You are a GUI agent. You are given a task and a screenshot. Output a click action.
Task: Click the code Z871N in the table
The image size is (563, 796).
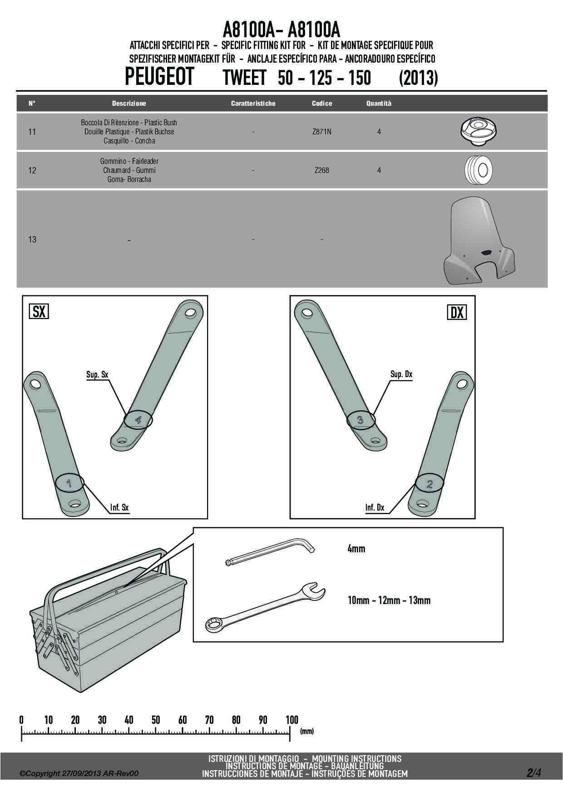321,132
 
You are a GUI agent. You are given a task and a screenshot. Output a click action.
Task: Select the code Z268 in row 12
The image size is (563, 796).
321,170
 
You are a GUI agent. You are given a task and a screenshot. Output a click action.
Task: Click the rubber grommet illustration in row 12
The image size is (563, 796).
479,170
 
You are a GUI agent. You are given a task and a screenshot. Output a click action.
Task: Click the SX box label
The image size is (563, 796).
39,312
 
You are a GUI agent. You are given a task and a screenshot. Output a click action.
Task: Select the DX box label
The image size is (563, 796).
457,312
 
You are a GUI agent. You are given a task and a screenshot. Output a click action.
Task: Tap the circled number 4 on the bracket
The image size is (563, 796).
138,420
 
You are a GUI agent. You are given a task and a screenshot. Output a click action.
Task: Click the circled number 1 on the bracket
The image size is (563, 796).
69,483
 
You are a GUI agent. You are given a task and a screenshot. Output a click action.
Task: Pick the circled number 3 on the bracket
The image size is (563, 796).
361,420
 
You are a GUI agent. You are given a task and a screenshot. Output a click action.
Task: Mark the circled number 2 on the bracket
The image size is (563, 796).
430,484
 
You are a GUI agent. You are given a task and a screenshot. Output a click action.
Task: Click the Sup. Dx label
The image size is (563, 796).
401,374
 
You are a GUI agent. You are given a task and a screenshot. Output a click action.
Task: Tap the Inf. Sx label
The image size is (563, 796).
119,507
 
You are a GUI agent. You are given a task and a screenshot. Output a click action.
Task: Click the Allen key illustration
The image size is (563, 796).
271,550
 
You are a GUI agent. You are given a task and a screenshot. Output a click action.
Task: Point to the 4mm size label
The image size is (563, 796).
356,549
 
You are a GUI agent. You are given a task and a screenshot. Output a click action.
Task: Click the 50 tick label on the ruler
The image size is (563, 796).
156,720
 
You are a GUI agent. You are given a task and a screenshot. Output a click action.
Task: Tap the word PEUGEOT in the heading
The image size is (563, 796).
159,77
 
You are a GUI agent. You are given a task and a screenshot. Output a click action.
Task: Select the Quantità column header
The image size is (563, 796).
379,103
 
